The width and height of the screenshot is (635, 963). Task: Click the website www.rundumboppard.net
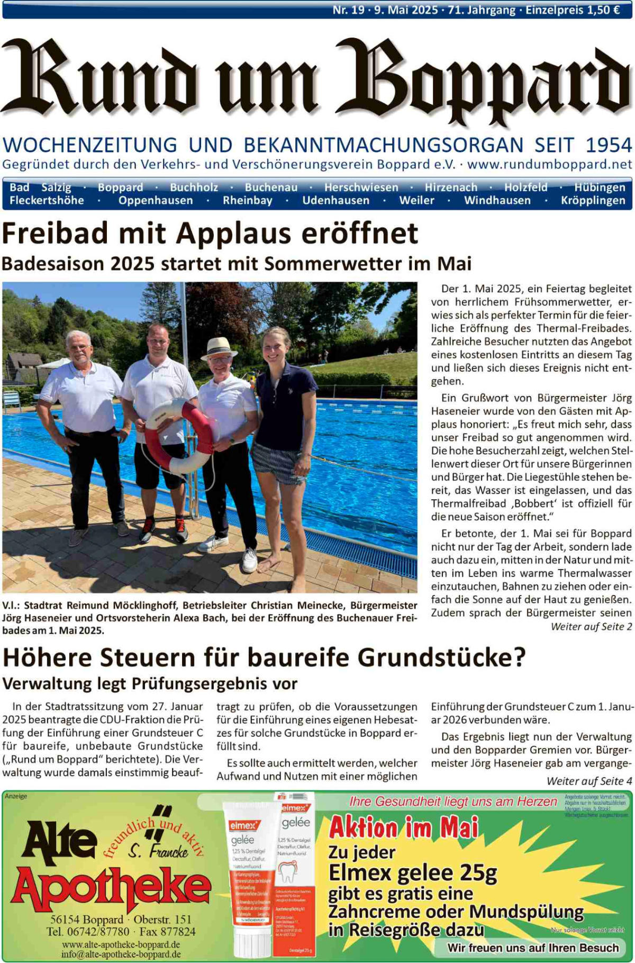click(549, 164)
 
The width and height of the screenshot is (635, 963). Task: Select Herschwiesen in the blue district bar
click(361, 187)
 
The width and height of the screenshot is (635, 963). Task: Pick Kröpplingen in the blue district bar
click(593, 201)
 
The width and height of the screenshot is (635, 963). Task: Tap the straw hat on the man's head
click(219, 348)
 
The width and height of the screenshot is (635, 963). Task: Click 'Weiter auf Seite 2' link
click(591, 627)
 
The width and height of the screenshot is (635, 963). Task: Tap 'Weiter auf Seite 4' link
click(589, 781)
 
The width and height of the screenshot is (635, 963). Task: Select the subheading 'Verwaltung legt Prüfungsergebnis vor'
click(150, 683)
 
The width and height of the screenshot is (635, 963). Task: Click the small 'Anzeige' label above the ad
click(16, 796)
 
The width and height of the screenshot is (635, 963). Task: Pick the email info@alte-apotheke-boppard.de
click(121, 954)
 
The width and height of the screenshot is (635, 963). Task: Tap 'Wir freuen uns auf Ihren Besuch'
click(532, 948)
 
